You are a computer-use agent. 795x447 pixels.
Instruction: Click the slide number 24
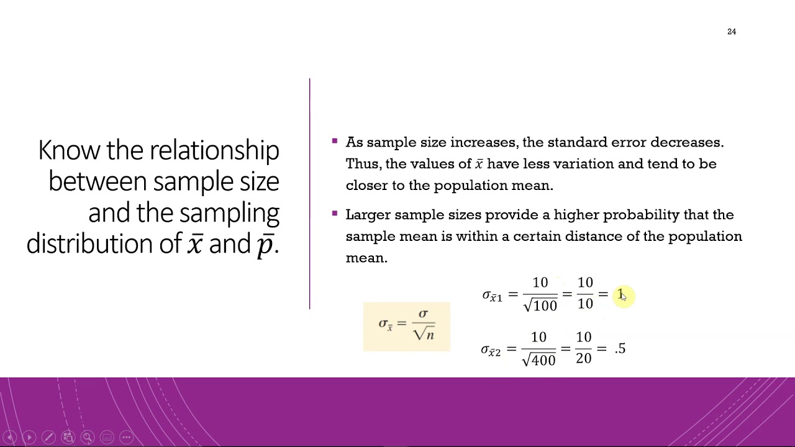pyautogui.click(x=732, y=32)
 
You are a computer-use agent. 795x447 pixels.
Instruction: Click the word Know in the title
pyautogui.click(x=69, y=151)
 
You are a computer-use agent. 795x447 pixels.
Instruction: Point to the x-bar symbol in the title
pyautogui.click(x=195, y=245)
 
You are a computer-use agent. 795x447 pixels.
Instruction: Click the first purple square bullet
pyautogui.click(x=335, y=142)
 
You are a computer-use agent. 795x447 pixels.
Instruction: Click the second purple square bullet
pyautogui.click(x=335, y=214)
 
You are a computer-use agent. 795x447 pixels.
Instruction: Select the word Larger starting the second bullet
pyautogui.click(x=368, y=215)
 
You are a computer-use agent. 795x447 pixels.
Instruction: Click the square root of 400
pyautogui.click(x=539, y=359)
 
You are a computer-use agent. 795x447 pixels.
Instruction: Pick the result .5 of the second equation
pyautogui.click(x=620, y=349)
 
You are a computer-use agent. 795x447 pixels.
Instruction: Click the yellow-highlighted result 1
pyautogui.click(x=620, y=294)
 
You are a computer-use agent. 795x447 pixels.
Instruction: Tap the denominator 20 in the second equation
pyautogui.click(x=583, y=358)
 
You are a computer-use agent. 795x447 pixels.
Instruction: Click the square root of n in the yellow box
pyautogui.click(x=423, y=333)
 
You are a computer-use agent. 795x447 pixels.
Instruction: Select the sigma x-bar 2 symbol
pyautogui.click(x=491, y=350)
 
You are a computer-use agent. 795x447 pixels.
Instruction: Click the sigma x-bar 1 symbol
pyautogui.click(x=492, y=296)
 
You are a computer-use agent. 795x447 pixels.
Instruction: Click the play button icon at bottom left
pyautogui.click(x=29, y=437)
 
